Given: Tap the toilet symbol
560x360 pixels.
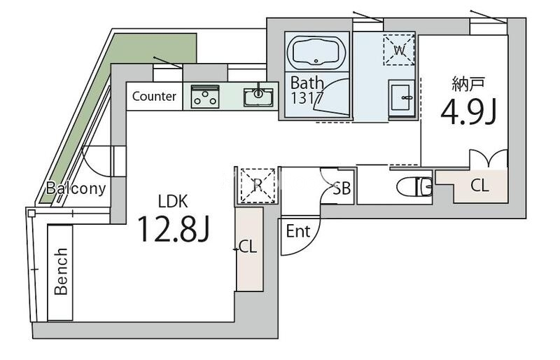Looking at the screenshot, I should (x=413, y=187).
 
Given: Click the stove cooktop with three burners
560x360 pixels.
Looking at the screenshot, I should (x=205, y=96).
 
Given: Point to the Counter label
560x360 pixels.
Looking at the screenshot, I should (x=154, y=97).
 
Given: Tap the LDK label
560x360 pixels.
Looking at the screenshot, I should (x=172, y=202).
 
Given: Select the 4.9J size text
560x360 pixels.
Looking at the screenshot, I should (x=468, y=112).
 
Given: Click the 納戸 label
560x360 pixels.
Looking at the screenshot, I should (x=468, y=85).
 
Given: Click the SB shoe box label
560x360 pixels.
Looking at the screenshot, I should (x=342, y=188).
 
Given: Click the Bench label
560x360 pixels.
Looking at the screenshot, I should (x=62, y=270).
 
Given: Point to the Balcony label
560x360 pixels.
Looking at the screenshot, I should (x=76, y=188).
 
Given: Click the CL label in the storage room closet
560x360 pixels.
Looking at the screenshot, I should (x=479, y=186).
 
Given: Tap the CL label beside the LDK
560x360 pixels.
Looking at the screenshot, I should (x=247, y=247).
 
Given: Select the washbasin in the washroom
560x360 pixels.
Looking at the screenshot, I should (x=402, y=97).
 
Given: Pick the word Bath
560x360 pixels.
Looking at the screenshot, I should (x=307, y=83).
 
